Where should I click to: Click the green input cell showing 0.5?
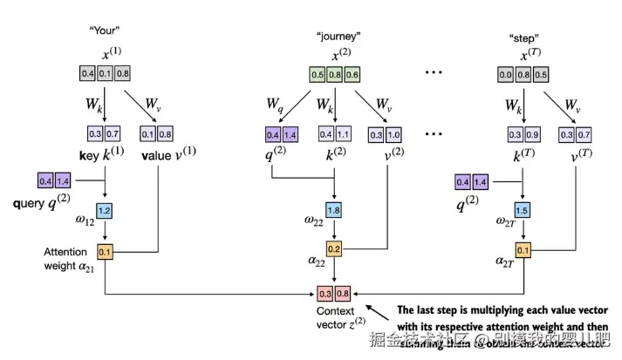318,75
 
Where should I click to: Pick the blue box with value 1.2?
105,212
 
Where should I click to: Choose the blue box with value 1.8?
333,211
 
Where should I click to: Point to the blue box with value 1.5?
522,212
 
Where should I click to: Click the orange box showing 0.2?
334,249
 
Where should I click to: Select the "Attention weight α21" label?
66,258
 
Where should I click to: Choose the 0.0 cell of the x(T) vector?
504,75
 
